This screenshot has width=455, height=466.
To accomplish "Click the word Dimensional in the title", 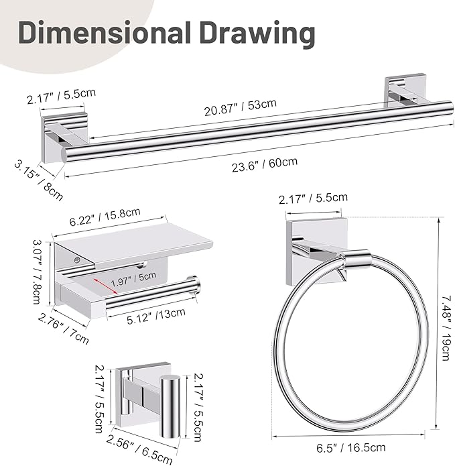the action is [105, 32].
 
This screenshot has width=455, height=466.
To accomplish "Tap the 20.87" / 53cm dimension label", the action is [241, 107].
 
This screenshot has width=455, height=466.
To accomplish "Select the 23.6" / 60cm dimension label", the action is [265, 164].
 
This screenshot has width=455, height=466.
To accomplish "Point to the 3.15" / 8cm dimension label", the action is [38, 180].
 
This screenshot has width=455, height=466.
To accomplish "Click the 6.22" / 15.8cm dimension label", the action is [105, 217].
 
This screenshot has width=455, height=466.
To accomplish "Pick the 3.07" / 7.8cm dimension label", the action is [38, 272].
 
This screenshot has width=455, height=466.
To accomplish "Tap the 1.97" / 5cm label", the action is [133, 280].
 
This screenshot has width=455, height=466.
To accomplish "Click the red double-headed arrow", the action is [106, 286].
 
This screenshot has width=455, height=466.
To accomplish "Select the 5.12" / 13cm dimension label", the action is [156, 316].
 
